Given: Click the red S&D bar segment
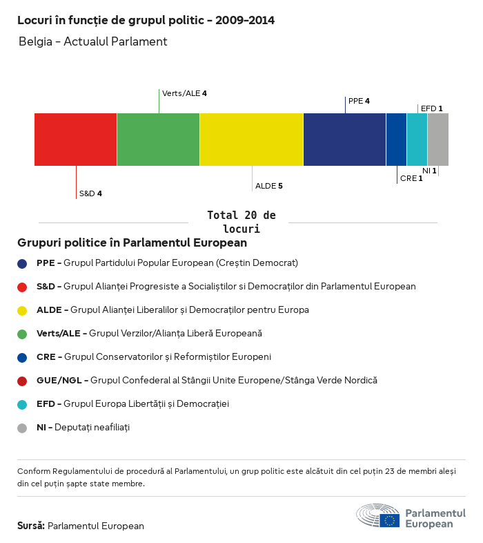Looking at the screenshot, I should [x=75, y=140].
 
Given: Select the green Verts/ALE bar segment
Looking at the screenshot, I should [x=158, y=140].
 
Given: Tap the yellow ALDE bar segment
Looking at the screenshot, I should [x=251, y=140].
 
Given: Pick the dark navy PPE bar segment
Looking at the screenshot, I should [x=344, y=140].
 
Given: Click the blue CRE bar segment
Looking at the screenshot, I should [x=396, y=140].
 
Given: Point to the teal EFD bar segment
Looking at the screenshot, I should [x=417, y=140].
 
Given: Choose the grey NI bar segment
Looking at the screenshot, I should [x=437, y=140].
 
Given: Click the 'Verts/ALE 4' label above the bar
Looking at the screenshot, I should [x=184, y=93].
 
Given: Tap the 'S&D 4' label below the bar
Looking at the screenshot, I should [x=90, y=193].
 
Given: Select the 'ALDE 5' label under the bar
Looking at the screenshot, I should [x=269, y=186].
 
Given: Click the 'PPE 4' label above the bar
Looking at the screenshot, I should [x=359, y=101].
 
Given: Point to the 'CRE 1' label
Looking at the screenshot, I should [x=411, y=178].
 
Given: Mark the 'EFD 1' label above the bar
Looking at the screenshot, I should [x=431, y=108].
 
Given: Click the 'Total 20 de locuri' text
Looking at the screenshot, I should [x=241, y=222].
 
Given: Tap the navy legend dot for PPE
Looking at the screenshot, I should [x=22, y=263].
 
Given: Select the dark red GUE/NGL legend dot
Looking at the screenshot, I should [x=22, y=381].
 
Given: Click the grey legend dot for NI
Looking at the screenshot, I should [x=22, y=428].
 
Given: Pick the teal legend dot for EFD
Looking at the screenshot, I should [x=22, y=404].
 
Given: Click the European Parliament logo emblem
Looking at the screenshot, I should [x=377, y=515].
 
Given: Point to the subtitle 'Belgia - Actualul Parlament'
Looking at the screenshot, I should [x=93, y=41].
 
